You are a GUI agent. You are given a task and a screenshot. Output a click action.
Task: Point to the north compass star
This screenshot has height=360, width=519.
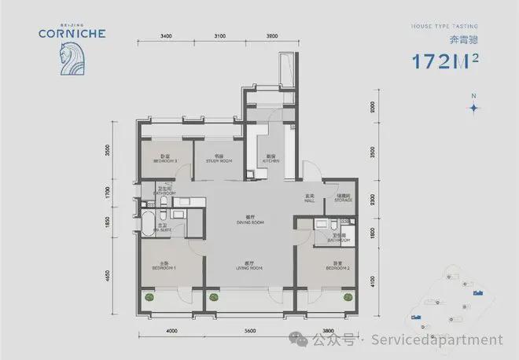(473, 108)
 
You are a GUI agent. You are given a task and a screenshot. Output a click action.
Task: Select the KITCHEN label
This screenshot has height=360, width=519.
(271, 160)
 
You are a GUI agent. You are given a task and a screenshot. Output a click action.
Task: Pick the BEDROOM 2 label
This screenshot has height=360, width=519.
(336, 268)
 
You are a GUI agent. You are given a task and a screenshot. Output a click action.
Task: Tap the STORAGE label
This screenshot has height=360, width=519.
(342, 200)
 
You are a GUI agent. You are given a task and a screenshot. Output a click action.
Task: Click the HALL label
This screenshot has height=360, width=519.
(311, 199)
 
